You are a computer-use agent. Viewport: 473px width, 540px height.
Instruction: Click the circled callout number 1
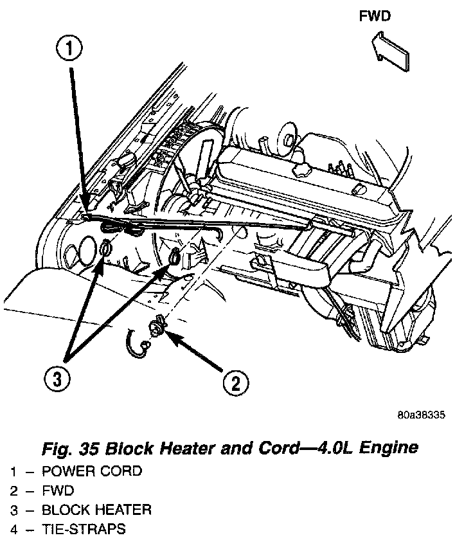(71, 48)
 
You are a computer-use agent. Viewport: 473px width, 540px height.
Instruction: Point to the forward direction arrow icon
(392, 51)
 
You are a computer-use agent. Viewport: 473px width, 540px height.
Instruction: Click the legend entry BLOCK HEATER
(96, 510)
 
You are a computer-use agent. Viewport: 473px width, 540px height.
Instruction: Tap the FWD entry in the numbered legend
(58, 491)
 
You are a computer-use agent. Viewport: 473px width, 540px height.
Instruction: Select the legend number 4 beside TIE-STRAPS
(13, 530)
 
